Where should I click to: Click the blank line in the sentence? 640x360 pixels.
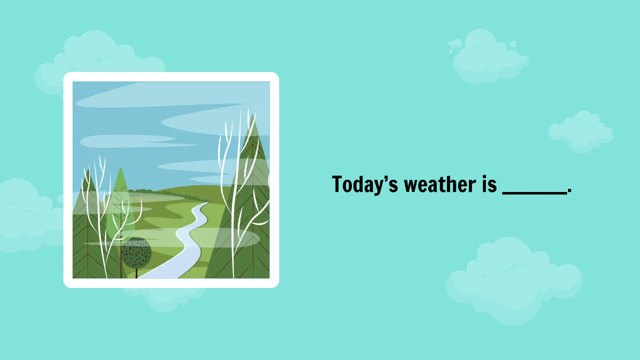click(534, 193)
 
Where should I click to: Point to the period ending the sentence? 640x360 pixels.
click(570, 191)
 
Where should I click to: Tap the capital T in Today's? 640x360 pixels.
click(338, 185)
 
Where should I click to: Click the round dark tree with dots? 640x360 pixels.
click(137, 253)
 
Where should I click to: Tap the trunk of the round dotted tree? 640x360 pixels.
click(137, 273)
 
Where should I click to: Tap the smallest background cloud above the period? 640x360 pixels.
click(581, 131)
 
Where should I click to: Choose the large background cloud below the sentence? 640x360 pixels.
click(512, 280)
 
